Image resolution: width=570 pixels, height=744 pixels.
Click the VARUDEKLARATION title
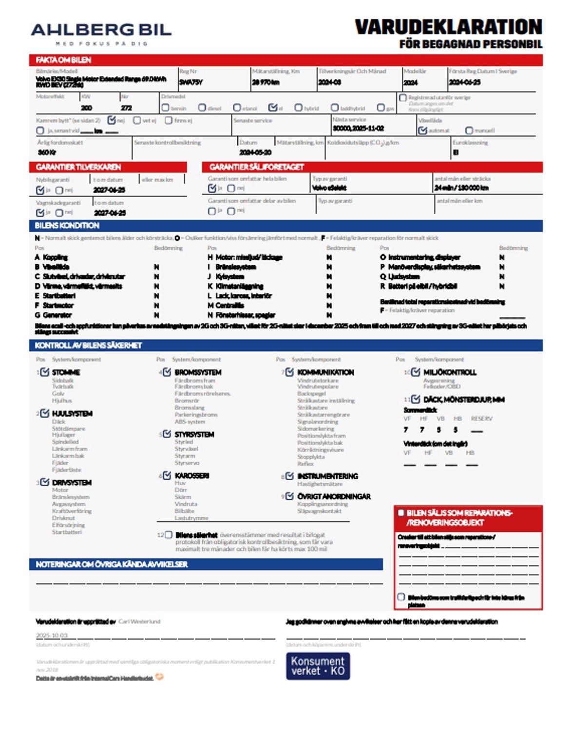pos(448,27)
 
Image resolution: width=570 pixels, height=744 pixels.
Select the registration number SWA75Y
pos(191,82)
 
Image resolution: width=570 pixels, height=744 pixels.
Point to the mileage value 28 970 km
pos(266,82)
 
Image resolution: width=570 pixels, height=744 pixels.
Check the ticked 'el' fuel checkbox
pos(273,108)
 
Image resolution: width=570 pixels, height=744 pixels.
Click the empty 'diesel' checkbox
pos(202,108)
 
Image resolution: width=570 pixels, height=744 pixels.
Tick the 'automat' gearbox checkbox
pos(422,130)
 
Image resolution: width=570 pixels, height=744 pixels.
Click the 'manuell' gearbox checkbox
pos(469,130)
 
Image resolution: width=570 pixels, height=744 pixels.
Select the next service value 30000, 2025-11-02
pos(358,128)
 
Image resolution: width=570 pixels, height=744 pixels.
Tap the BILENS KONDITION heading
pos(67,226)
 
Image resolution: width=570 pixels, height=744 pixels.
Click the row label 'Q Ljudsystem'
pos(399,276)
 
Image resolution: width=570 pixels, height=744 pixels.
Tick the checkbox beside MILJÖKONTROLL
pos(416,372)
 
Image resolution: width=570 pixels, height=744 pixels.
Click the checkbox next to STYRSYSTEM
pos(167,434)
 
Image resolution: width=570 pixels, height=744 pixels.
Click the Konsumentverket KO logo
pos(318,666)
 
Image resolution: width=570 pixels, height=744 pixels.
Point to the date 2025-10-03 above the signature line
pos(52,635)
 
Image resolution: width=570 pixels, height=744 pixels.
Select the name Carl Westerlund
pos(139,621)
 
